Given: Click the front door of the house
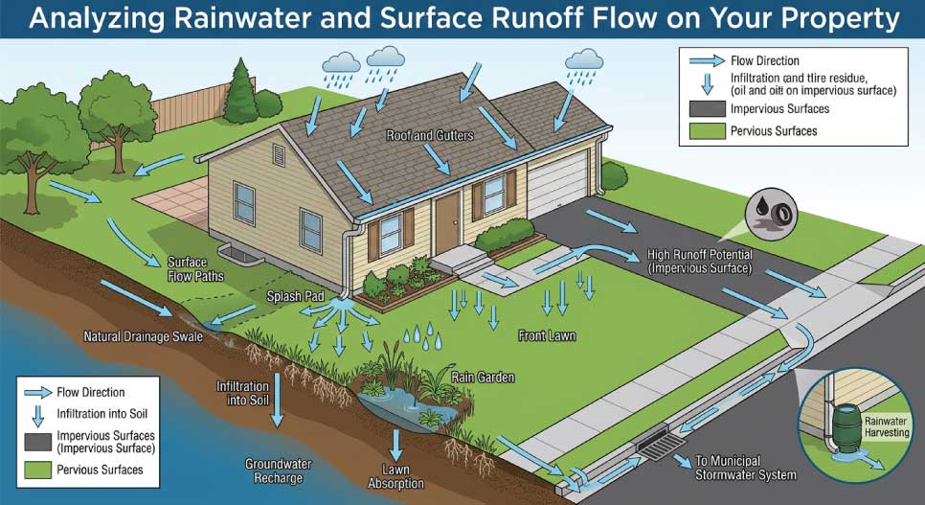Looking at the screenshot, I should pos(446,220).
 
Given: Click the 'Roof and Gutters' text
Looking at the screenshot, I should pos(429,136).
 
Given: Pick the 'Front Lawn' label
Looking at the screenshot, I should pos(546,335).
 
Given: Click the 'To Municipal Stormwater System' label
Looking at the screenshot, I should pos(745,467).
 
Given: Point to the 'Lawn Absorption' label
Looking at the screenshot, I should pos(396,476).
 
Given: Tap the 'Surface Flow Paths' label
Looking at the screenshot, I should pos(195,269).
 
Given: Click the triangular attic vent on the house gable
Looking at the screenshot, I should pos(279,153).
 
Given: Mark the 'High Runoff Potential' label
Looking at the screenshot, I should pos(700,262).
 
